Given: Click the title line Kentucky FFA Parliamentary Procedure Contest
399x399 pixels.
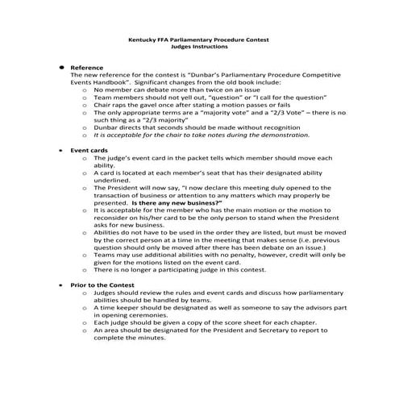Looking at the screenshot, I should click(199, 39).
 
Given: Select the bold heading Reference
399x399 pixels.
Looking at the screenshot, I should click(86, 68).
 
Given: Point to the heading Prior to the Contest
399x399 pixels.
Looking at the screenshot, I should click(102, 286).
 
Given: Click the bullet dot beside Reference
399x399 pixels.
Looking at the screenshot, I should click(62, 68).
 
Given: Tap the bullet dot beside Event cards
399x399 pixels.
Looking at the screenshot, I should click(62, 151).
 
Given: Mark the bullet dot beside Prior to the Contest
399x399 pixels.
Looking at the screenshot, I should click(62, 286).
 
